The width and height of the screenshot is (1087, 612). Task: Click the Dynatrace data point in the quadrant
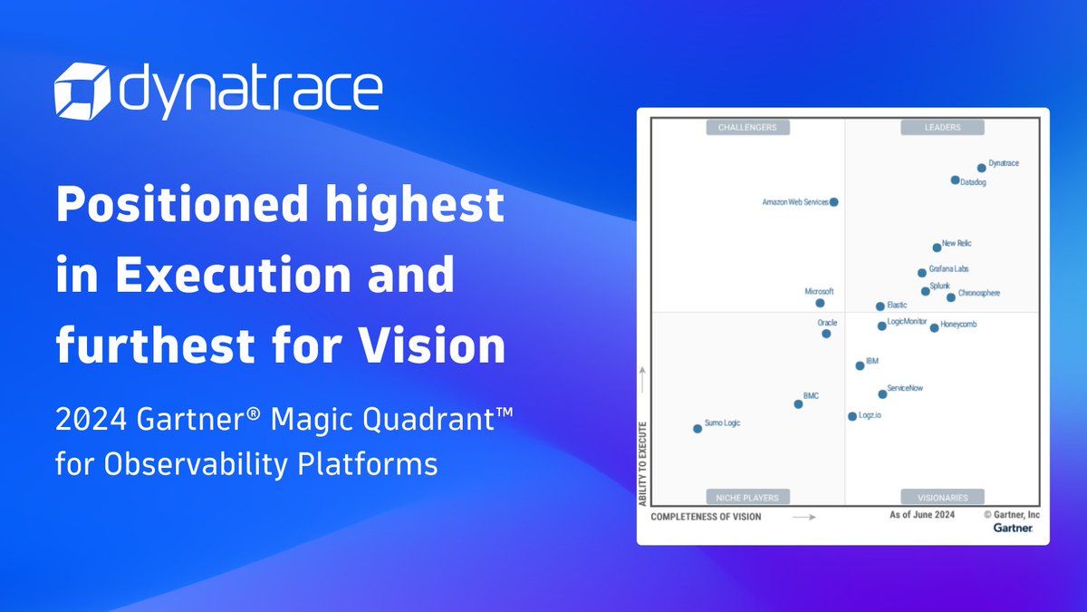981,168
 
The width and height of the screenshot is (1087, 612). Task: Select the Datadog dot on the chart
955,180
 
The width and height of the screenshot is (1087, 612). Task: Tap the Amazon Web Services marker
834,202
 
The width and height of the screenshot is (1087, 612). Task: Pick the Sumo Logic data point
697,428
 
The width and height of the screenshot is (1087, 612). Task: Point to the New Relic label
957,243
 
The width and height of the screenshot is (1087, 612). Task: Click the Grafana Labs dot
922,272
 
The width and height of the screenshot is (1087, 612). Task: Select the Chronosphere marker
950,297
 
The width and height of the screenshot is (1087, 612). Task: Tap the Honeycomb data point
934,327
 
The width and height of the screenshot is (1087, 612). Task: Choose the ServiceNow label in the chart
905,388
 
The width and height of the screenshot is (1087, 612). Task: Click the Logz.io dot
851,416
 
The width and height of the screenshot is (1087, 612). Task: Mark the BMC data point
798,403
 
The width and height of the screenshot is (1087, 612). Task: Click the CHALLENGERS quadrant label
747,128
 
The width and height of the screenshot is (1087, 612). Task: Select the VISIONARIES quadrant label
941,497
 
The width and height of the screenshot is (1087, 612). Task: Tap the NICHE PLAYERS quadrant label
747,497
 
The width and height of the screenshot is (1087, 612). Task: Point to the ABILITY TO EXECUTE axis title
642,463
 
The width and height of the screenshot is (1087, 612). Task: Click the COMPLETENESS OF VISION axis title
707,517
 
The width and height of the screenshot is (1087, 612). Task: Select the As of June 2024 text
922,515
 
